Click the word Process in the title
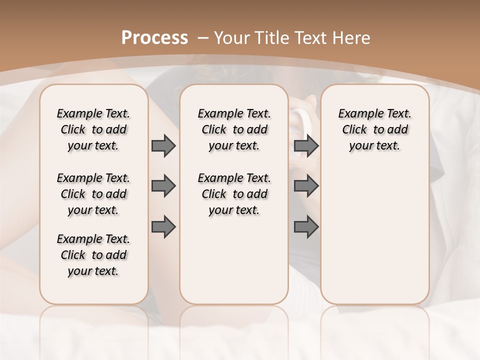155,38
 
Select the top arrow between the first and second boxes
163,146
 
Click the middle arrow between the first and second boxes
163,186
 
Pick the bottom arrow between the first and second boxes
163,227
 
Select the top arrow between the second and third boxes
306,146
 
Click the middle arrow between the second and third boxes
306,186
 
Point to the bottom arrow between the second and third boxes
306,227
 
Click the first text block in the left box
93,129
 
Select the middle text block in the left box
93,194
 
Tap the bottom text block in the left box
93,255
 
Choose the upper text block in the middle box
234,129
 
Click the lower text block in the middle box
234,194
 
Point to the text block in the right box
374,129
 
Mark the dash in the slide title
203,38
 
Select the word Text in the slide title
313,38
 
